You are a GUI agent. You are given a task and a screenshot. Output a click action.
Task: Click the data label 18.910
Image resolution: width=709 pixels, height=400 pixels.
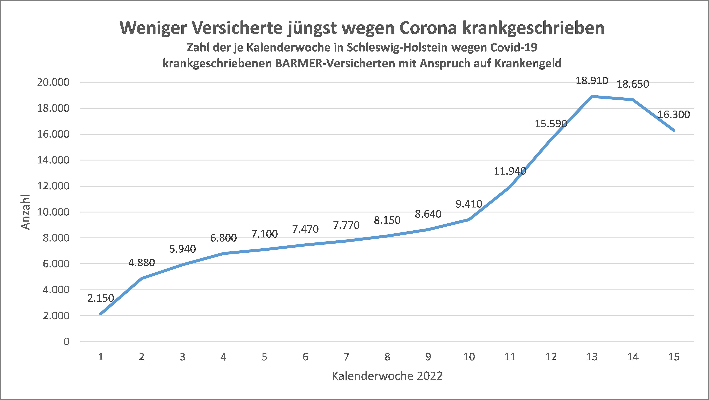(x=592, y=81)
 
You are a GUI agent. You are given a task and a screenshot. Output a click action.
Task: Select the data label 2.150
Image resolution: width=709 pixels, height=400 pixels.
(x=101, y=298)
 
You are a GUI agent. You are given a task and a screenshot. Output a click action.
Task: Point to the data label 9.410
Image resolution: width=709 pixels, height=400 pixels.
(x=469, y=204)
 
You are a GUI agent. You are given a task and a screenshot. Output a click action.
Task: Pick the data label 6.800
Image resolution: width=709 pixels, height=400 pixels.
(x=223, y=238)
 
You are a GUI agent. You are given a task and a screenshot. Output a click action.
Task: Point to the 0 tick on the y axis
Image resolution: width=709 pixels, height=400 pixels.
(x=66, y=342)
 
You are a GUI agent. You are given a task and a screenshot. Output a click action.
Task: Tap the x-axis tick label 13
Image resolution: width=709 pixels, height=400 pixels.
(x=592, y=357)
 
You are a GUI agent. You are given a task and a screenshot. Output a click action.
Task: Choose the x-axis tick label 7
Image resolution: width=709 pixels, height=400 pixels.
(x=346, y=357)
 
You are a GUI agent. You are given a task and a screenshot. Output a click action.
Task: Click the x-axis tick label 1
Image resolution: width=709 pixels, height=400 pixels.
(x=101, y=357)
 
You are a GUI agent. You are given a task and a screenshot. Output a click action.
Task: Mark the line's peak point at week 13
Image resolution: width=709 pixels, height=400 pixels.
(x=592, y=96)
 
